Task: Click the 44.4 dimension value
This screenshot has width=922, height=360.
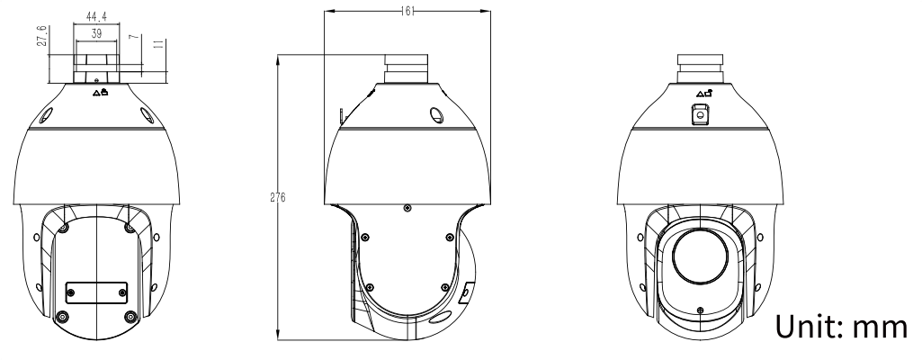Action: click(x=96, y=17)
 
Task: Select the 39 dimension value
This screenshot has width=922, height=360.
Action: click(x=96, y=34)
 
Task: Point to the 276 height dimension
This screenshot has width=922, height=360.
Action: click(x=278, y=198)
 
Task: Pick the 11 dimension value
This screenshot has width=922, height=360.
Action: click(x=158, y=44)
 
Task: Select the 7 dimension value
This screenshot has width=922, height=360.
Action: click(x=135, y=37)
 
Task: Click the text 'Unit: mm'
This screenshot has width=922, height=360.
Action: click(x=841, y=327)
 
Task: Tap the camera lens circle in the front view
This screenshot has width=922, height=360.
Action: click(x=701, y=256)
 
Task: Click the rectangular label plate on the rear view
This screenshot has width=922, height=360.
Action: click(x=96, y=292)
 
